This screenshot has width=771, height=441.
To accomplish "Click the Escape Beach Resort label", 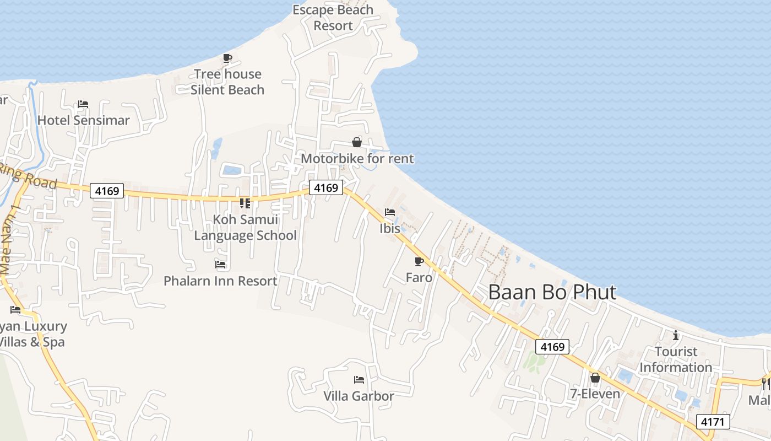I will click(333, 18).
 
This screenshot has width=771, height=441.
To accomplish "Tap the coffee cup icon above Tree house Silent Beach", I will click(227, 58).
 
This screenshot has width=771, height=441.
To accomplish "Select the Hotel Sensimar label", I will click(84, 120).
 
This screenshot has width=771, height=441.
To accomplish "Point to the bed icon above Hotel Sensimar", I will click(83, 104).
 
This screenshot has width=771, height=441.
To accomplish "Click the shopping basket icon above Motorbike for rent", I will click(357, 143).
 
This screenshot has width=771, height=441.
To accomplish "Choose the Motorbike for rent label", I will click(357, 159).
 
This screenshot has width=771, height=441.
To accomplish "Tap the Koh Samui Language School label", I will click(246, 228).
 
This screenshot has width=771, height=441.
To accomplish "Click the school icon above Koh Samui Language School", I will click(245, 203).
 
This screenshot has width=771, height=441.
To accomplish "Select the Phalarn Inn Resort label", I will click(220, 281).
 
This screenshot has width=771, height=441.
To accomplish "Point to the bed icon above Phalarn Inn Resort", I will click(220, 265).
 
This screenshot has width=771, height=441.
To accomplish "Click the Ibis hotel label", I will click(390, 228).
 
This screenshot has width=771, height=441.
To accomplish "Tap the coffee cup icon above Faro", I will click(419, 261).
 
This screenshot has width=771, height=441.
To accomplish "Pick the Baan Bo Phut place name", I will click(552, 292).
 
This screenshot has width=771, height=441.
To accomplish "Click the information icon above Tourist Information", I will click(676, 335).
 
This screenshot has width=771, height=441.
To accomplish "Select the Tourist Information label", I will click(676, 359).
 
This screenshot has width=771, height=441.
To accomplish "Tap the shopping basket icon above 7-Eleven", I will click(595, 378).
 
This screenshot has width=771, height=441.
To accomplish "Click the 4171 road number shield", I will click(713, 422).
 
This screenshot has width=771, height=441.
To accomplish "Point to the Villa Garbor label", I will click(359, 396).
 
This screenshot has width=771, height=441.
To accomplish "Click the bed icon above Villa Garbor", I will click(359, 380).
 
